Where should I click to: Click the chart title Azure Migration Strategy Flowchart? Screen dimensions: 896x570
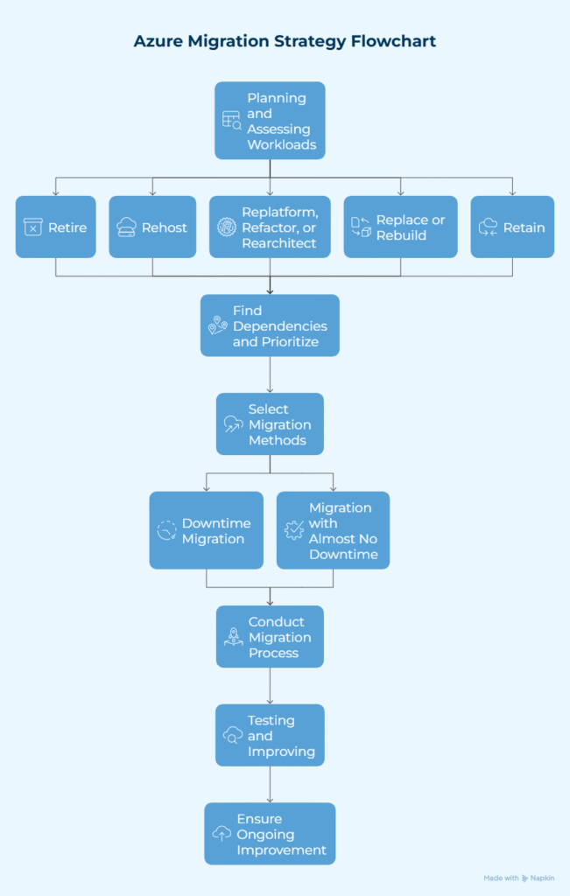(285, 41)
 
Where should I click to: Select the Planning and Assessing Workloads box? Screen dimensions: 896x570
(270, 121)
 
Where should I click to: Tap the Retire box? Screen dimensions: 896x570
(56, 227)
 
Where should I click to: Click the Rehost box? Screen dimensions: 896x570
(152, 227)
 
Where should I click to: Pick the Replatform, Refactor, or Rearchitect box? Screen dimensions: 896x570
(270, 227)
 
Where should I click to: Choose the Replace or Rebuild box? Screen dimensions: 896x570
(400, 227)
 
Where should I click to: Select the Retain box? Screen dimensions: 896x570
(512, 227)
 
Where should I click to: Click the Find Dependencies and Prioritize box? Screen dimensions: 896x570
(270, 325)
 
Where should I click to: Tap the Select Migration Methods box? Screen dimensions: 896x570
(270, 424)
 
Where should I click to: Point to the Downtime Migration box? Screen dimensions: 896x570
(206, 531)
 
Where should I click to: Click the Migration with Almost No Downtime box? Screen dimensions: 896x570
(333, 531)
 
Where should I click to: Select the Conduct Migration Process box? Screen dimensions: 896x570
(270, 637)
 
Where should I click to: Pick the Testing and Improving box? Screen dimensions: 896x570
(270, 736)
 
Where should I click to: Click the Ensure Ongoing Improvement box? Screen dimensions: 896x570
(270, 834)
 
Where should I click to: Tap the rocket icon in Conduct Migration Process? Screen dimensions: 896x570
(233, 638)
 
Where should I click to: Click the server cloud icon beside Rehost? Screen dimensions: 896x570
(126, 227)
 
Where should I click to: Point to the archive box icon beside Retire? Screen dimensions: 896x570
(33, 227)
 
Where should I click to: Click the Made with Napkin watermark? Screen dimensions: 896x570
(518, 878)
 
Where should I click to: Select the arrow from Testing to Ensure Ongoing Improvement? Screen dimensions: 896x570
(270, 785)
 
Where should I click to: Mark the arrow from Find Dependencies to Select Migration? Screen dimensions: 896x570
(270, 374)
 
